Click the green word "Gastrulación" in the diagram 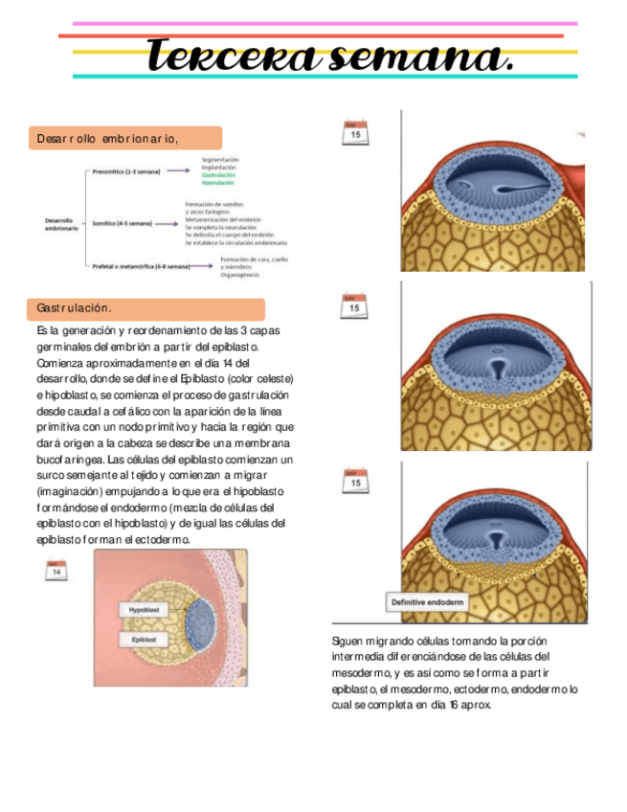click(x=219, y=174)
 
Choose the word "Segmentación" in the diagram click(x=220, y=159)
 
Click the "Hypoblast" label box click(x=145, y=609)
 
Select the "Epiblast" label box click(x=144, y=639)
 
